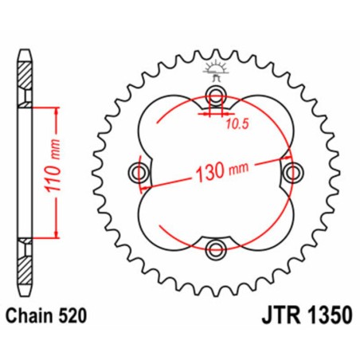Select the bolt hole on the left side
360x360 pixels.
(x=139, y=172)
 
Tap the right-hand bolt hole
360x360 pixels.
(x=292, y=172)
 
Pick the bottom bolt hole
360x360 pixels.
(x=216, y=249)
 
